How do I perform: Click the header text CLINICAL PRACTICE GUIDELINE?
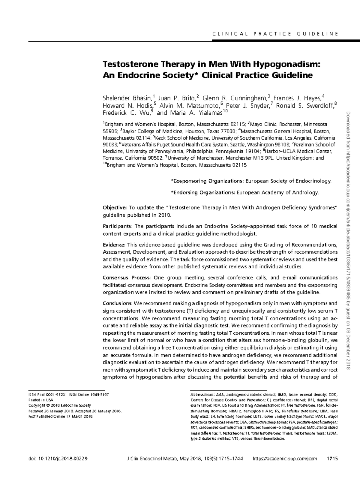(275, 34)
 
